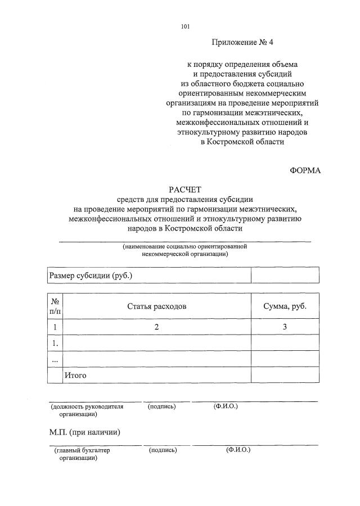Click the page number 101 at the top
tap(186, 26)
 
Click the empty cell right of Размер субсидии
tap(285, 275)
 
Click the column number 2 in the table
tap(157, 327)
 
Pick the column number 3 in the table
tap(285, 327)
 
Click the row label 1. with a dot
tap(55, 342)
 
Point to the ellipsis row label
tap(55, 359)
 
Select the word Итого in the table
tap(75, 375)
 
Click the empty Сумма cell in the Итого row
tap(285, 375)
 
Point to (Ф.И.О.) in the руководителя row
tap(226, 406)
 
